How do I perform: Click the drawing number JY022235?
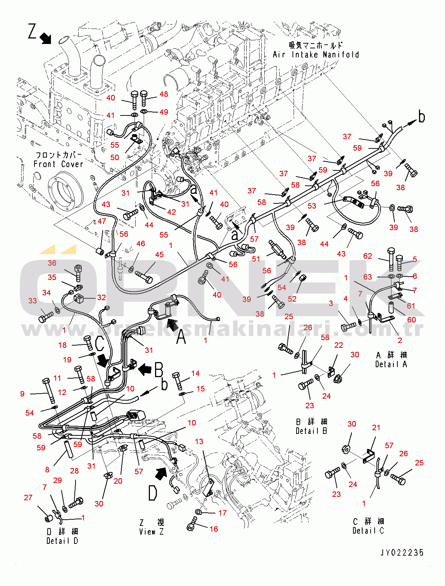tap(402, 552)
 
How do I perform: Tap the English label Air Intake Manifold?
tap(316, 55)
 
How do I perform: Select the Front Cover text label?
tap(58, 164)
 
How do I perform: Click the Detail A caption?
tap(391, 364)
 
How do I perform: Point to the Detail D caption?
tap(62, 541)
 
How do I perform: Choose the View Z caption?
tap(151, 531)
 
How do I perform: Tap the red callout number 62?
tap(367, 256)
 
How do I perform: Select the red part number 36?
tap(52, 263)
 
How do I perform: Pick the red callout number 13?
tap(199, 441)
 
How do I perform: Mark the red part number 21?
tap(376, 427)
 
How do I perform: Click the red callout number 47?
tap(102, 221)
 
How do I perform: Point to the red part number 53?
tap(312, 206)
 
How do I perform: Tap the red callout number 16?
tap(214, 529)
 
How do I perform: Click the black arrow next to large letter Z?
tap(45, 38)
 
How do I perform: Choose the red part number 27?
tap(28, 497)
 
